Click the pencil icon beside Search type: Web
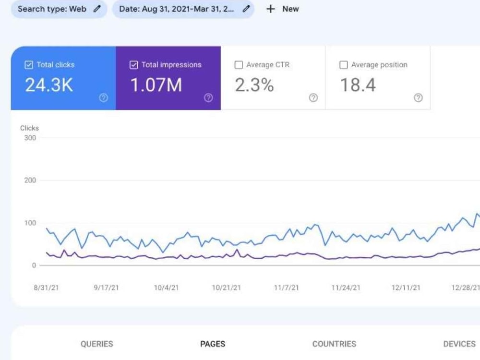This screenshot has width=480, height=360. click(x=97, y=9)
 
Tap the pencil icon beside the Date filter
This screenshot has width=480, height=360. click(x=246, y=9)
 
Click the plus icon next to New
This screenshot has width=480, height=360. click(x=271, y=9)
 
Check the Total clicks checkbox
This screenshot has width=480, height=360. click(x=29, y=65)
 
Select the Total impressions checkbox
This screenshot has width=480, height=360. click(x=134, y=65)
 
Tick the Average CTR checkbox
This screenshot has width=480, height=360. click(x=239, y=65)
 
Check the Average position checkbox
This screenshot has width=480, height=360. click(x=344, y=65)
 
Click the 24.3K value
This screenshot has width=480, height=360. click(x=49, y=85)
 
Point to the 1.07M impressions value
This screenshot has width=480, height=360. click(x=156, y=85)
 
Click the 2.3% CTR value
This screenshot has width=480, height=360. click(x=254, y=85)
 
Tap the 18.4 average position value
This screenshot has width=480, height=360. click(x=358, y=85)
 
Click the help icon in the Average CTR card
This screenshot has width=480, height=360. click(x=313, y=97)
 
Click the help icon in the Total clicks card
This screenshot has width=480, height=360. click(x=104, y=97)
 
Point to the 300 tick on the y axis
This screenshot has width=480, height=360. click(x=30, y=138)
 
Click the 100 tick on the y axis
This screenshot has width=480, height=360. click(x=30, y=223)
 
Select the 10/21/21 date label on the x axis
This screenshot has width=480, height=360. click(x=227, y=288)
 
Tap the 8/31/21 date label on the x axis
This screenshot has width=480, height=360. click(x=46, y=288)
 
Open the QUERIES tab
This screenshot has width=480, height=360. click(x=97, y=344)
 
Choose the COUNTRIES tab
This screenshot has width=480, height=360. click(x=334, y=344)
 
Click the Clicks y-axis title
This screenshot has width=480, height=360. click(x=29, y=128)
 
